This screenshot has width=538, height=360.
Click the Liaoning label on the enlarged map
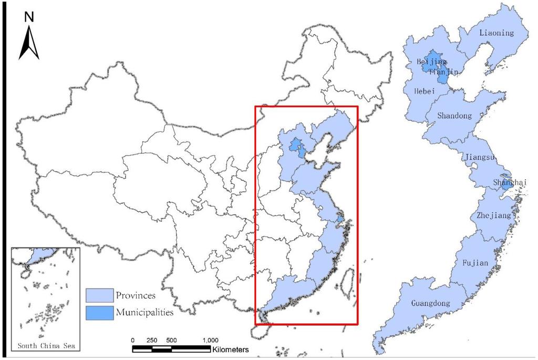coord(496,33)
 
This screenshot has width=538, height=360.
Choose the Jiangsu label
coord(479,157)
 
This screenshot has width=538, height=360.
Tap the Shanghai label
coord(509,182)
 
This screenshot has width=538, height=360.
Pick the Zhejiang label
coord(493,215)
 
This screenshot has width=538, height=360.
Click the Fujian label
coord(476,262)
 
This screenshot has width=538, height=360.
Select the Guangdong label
coord(430,304)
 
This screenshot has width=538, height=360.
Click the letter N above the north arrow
coord(29,17)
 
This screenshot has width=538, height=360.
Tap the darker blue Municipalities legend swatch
coord(99,312)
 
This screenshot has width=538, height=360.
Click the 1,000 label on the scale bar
coord(209,340)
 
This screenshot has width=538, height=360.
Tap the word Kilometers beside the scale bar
coord(231,349)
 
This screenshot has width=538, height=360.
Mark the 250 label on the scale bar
coord(152,340)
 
